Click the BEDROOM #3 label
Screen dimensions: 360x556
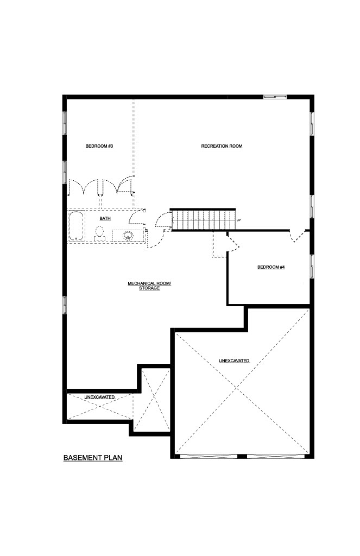click(x=99, y=146)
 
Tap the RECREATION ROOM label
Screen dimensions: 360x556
click(x=222, y=146)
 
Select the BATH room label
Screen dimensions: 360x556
click(x=105, y=218)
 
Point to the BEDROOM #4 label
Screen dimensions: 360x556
click(x=271, y=267)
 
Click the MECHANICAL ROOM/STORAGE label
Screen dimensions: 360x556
click(x=149, y=286)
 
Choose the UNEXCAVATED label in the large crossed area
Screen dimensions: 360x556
click(x=234, y=361)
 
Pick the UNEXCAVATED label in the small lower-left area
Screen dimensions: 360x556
click(x=99, y=397)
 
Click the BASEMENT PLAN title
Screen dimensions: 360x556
click(x=93, y=458)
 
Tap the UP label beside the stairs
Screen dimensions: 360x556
click(x=239, y=220)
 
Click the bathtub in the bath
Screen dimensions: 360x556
click(x=77, y=226)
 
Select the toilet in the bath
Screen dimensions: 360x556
click(x=100, y=233)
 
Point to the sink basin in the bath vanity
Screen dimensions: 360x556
click(x=128, y=235)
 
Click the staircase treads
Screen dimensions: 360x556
click(x=204, y=220)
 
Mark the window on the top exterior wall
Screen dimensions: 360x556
click(x=275, y=97)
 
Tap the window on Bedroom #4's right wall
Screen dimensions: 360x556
click(x=312, y=266)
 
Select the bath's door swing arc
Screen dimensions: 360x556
click(x=136, y=217)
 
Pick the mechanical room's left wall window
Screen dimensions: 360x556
click(x=65, y=305)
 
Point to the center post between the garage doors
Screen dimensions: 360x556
click(x=242, y=456)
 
